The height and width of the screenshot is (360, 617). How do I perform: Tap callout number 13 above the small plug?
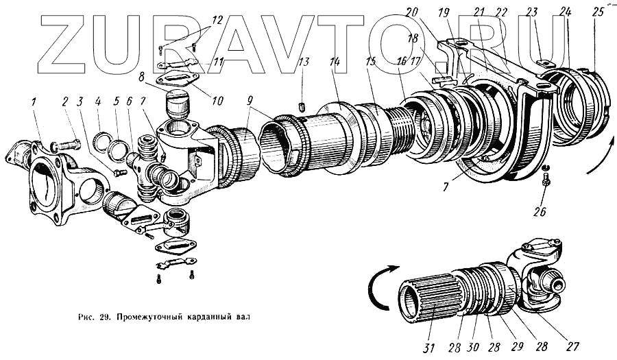click(304, 64)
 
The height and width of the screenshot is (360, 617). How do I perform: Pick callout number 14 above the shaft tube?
click(334, 61)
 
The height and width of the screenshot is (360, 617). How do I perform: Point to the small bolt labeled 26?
click(545, 180)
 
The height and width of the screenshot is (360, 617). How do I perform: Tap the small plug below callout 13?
click(302, 106)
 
